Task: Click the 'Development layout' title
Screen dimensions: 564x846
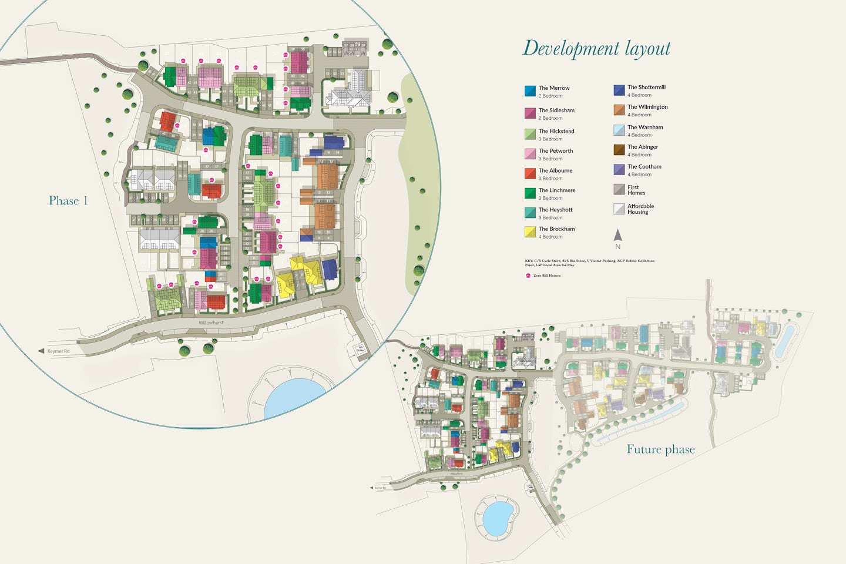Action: [x=596, y=48]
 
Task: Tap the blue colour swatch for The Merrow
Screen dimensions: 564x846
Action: [x=530, y=91]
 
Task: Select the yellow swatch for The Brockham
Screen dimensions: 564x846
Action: [x=530, y=232]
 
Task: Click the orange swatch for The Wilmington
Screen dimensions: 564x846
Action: [x=619, y=110]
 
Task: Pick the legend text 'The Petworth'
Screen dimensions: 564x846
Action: [x=555, y=151]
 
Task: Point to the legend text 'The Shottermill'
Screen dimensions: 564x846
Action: [x=646, y=88]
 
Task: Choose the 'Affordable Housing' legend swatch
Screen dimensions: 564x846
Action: [x=619, y=209]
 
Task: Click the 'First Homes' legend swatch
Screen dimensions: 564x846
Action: [x=619, y=189]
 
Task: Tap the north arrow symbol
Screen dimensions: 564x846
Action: [x=617, y=236]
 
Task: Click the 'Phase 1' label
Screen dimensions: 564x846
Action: [x=68, y=201]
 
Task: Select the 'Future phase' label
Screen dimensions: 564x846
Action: [x=660, y=449]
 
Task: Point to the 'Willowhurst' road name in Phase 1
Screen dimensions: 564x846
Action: [x=211, y=323]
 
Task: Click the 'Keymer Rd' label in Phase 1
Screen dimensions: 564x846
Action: [x=58, y=351]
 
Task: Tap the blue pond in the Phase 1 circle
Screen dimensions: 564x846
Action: [x=293, y=398]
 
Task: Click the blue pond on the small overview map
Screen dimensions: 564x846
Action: [x=497, y=515]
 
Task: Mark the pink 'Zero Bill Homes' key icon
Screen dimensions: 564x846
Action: [x=528, y=275]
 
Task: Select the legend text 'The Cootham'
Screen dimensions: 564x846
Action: [x=644, y=167]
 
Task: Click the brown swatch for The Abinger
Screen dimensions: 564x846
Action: [x=619, y=150]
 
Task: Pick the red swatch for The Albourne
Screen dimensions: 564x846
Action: [x=530, y=173]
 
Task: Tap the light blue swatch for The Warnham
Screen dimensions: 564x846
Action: [x=619, y=130]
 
